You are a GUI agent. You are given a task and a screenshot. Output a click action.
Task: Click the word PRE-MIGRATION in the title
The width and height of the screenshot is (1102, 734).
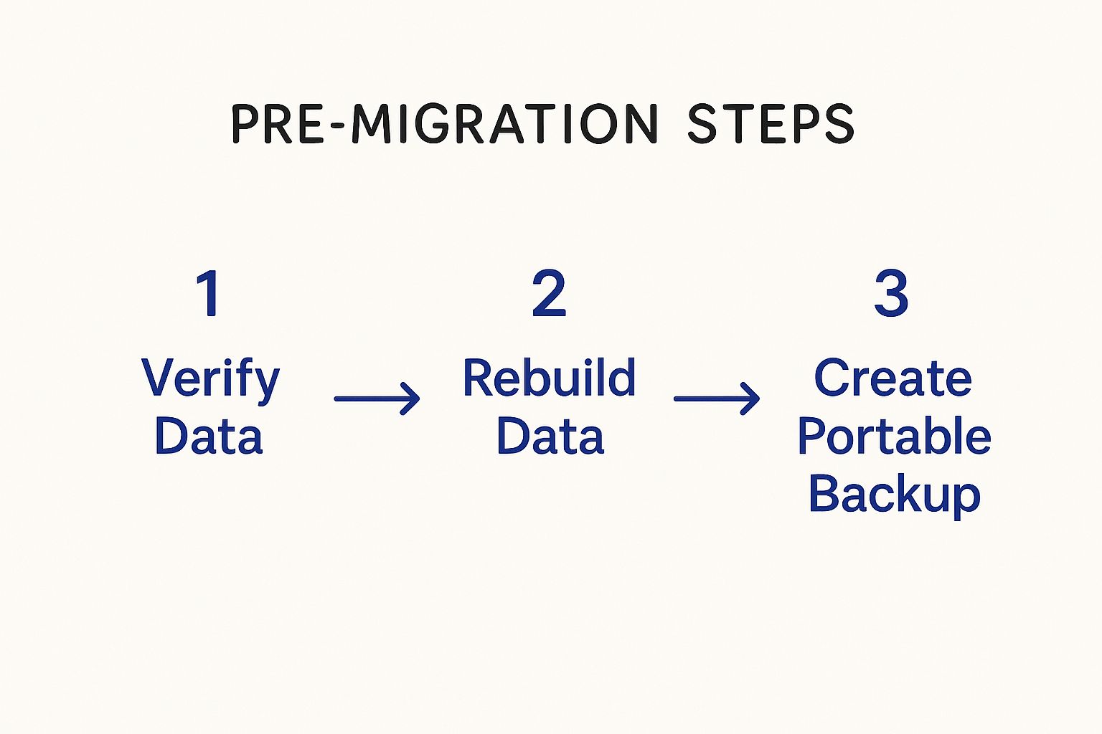(x=443, y=124)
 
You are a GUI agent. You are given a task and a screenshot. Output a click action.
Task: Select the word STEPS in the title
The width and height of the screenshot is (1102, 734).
(x=770, y=124)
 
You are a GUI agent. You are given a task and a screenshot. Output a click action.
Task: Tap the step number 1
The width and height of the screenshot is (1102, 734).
(x=209, y=293)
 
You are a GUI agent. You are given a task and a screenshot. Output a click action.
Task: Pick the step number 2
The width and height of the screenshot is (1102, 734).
(x=549, y=293)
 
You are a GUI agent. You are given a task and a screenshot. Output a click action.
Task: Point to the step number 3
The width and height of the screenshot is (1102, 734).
(x=891, y=293)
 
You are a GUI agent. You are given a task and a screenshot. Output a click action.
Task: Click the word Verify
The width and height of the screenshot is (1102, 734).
(x=210, y=379)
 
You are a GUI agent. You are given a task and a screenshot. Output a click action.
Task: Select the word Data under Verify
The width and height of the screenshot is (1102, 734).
(x=209, y=437)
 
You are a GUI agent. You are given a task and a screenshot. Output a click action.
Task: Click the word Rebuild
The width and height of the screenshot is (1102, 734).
(x=549, y=378)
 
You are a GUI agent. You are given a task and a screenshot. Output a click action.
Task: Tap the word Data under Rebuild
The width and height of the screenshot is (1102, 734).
(x=550, y=437)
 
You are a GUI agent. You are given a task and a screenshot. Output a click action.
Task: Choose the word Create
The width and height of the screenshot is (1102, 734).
(x=893, y=378)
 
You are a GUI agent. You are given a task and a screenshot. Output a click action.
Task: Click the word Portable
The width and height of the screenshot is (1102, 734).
(x=894, y=437)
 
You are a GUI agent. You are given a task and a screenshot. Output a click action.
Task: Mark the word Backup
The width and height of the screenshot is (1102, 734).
(x=894, y=495)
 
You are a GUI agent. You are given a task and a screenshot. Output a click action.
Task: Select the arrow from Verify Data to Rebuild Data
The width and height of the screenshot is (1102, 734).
(x=377, y=399)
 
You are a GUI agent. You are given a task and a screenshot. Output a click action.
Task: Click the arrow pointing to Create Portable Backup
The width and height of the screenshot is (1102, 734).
(x=716, y=399)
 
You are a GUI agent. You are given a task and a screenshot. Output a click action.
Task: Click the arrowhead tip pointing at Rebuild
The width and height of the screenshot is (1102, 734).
(x=418, y=399)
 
